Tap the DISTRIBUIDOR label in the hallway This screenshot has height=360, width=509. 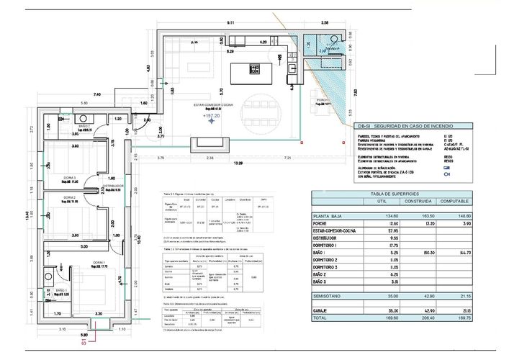tap(114, 185)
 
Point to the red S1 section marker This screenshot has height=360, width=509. tap(83, 344)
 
